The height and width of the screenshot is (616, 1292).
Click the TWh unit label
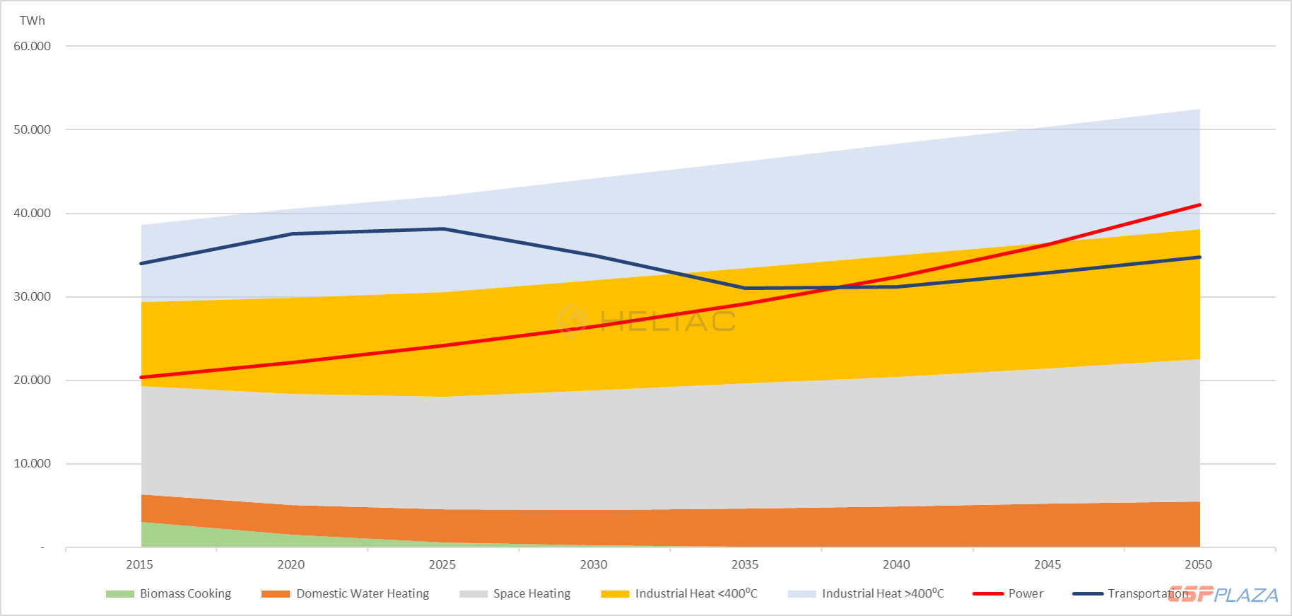32,21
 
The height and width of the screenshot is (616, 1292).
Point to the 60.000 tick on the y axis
33,46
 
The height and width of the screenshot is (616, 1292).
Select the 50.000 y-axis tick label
33,129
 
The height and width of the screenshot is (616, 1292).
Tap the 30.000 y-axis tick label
33,296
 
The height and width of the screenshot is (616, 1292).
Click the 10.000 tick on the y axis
33,463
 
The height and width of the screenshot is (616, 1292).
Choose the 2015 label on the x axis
139,564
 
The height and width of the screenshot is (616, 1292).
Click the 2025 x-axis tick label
442,564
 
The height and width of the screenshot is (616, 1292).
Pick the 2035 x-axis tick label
745,564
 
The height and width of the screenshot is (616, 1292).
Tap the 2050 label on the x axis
1198,564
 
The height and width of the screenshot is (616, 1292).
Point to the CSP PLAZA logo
1223,595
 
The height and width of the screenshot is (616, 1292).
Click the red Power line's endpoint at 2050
1199,205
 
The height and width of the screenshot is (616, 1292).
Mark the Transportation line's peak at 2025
443,228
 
